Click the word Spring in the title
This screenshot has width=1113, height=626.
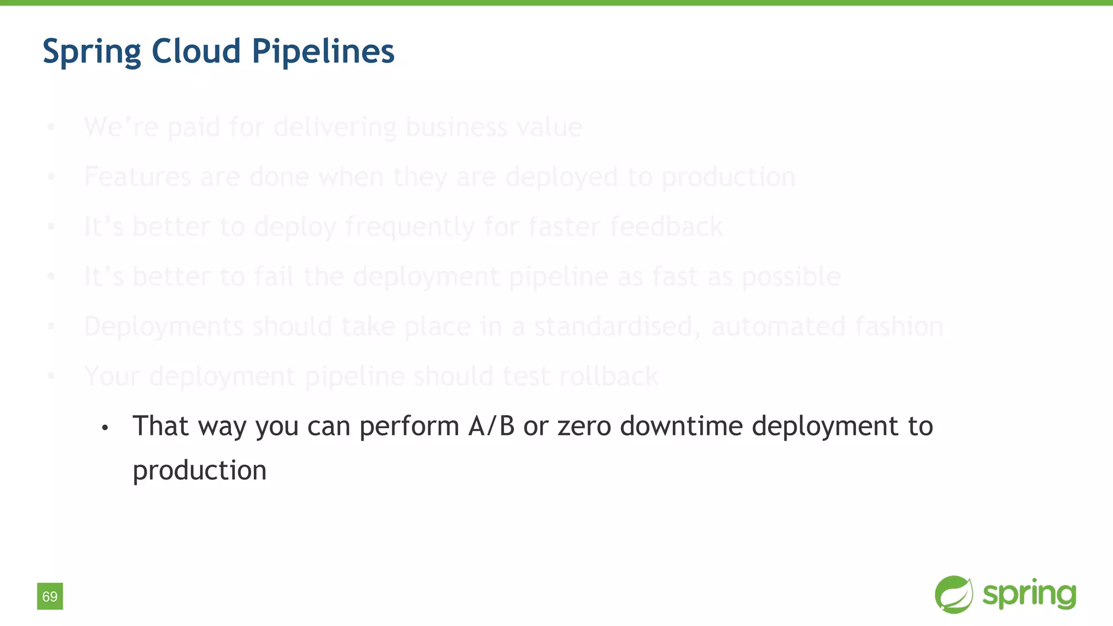click(x=92, y=52)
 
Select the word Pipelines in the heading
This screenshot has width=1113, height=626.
click(x=323, y=52)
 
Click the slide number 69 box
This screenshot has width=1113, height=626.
click(x=50, y=596)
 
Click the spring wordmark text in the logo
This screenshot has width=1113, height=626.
click(x=1029, y=594)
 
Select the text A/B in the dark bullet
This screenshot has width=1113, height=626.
click(x=491, y=425)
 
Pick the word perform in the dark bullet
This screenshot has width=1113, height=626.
click(x=409, y=427)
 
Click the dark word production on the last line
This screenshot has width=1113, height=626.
click(x=199, y=471)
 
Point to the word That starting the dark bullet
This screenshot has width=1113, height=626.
click(x=161, y=425)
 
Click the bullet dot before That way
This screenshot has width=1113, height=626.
click(x=105, y=428)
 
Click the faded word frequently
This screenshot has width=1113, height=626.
click(x=410, y=227)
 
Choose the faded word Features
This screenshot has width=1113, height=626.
click(x=137, y=177)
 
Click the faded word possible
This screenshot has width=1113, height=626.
click(x=791, y=277)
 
